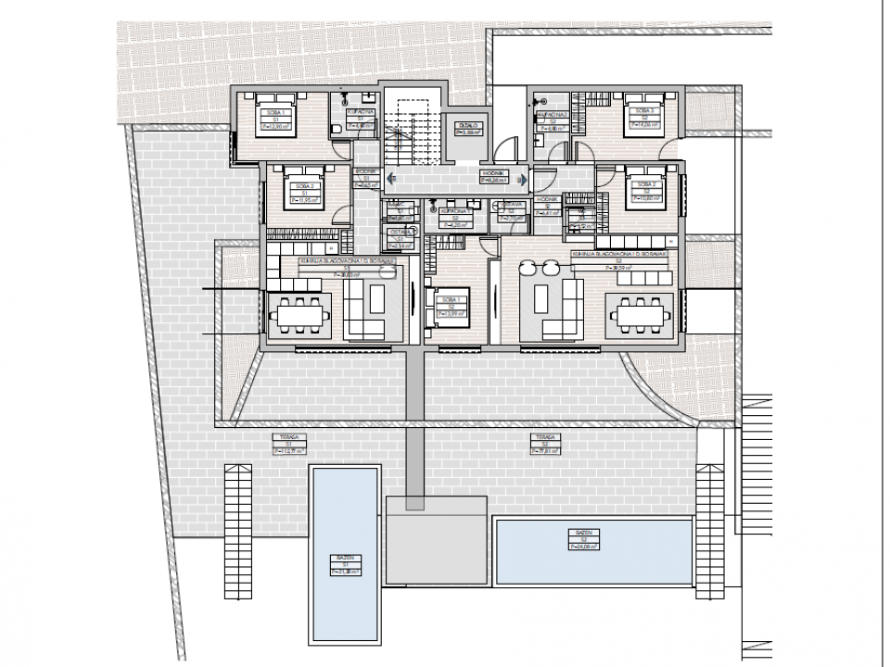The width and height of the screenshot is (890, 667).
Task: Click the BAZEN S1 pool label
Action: [343, 564]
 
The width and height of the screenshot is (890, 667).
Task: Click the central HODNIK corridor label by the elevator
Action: [492, 177]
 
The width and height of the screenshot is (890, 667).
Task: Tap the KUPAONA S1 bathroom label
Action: [362, 118]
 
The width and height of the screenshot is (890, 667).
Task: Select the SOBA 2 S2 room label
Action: [644, 191]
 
